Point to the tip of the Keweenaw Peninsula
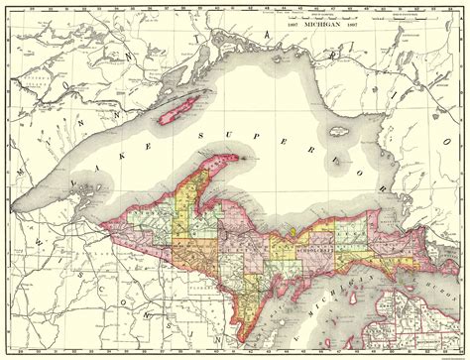click(x=237, y=155)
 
